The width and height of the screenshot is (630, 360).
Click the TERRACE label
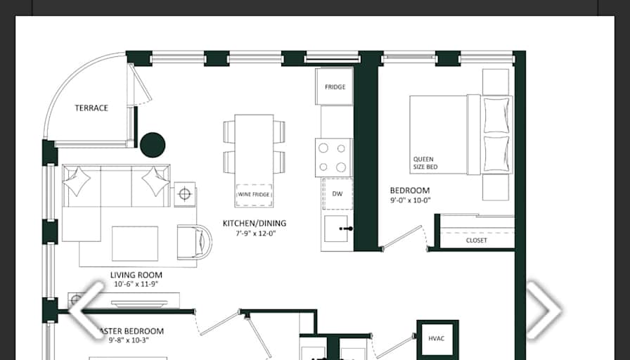click(91, 108)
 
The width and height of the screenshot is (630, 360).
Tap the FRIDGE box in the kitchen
click(335, 87)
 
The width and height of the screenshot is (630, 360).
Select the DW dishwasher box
click(337, 193)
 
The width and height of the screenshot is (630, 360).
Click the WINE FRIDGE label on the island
click(254, 195)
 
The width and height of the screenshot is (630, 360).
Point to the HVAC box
click(437, 339)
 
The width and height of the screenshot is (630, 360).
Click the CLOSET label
click(476, 240)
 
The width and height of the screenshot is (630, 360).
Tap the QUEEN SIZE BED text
click(425, 163)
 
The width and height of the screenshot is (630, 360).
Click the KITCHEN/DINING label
click(255, 224)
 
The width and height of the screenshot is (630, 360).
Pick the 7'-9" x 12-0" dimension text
click(255, 233)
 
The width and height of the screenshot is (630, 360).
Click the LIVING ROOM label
click(136, 275)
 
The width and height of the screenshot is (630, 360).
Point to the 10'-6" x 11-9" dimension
click(136, 285)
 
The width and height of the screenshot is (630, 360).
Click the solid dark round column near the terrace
click(153, 145)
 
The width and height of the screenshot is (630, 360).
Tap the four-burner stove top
click(334, 157)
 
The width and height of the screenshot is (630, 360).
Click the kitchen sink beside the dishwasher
click(337, 229)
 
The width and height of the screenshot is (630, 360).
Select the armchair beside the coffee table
click(194, 241)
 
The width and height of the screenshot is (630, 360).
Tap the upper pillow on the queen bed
click(497, 114)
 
